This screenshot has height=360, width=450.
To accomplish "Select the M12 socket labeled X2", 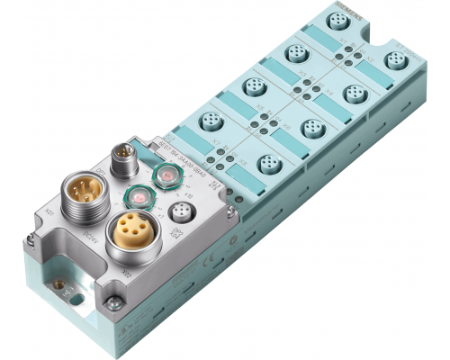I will tap(393, 61).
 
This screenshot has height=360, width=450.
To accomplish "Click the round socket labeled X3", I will tap(294, 55).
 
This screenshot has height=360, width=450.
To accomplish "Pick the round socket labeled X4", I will tap(351, 94).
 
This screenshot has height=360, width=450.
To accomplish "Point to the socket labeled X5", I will tap(252, 87).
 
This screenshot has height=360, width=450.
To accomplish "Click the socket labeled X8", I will tap(267, 163).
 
